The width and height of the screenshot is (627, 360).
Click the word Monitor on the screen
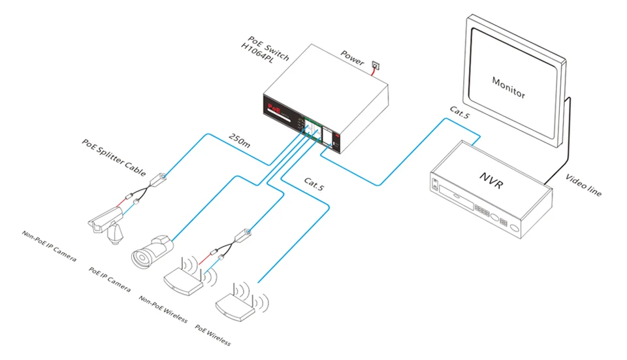(508, 86)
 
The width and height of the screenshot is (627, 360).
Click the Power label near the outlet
(352, 57)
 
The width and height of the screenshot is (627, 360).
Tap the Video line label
(583, 186)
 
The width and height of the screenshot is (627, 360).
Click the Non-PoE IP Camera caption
(49, 246)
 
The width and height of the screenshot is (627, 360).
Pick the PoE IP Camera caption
(109, 278)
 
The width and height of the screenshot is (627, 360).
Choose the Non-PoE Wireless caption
(163, 309)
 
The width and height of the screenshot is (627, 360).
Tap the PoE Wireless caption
(213, 334)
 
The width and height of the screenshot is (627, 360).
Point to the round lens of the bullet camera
(140, 256)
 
